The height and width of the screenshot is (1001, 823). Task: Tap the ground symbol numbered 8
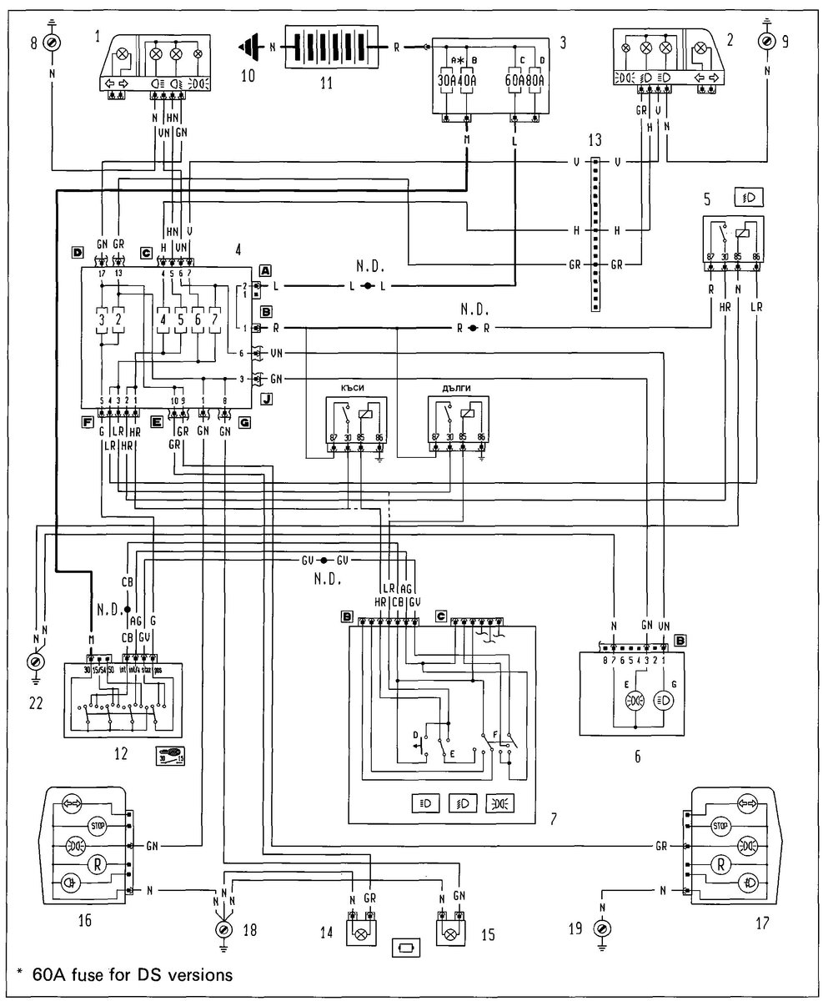click(x=52, y=41)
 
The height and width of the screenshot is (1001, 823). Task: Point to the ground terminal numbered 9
click(x=767, y=41)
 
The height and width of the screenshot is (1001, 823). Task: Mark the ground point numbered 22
click(x=36, y=662)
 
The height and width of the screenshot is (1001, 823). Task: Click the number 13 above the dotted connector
click(x=594, y=138)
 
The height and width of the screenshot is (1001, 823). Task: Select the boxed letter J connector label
click(x=266, y=399)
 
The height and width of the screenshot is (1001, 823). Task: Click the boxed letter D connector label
click(x=77, y=251)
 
